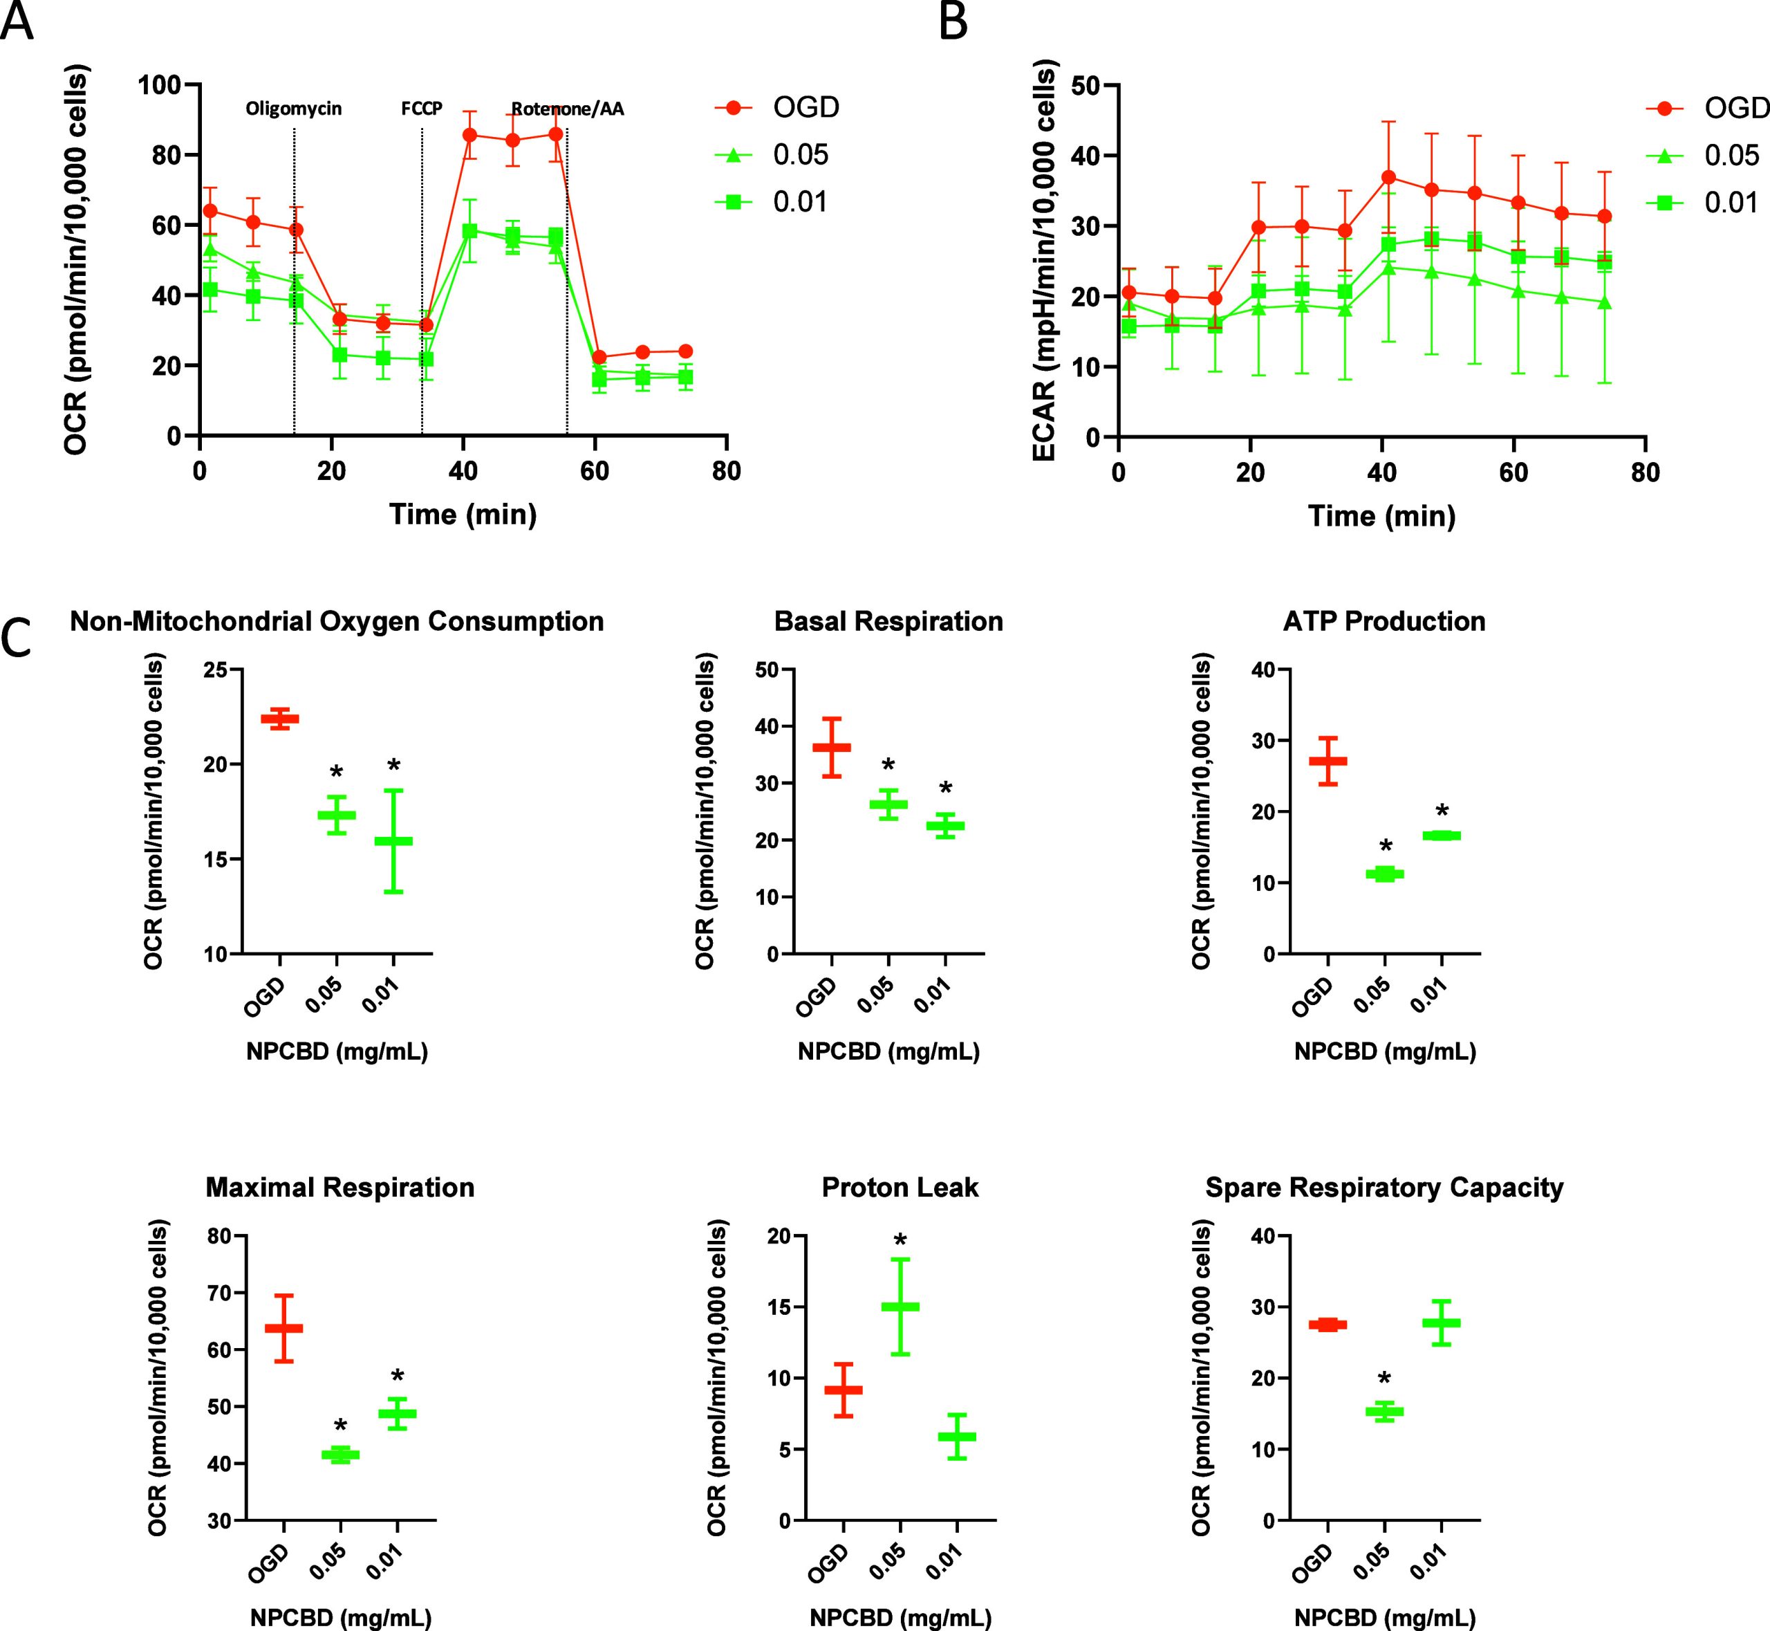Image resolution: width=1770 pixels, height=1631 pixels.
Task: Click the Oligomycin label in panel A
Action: (x=294, y=109)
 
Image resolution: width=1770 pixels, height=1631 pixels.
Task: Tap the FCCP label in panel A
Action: (x=422, y=109)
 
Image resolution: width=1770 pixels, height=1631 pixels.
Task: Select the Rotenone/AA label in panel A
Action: (x=568, y=109)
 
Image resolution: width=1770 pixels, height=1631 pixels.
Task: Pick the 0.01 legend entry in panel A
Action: (x=800, y=202)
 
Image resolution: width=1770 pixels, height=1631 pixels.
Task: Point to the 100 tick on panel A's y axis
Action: (x=159, y=84)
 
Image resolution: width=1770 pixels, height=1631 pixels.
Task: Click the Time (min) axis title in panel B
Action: (x=1381, y=515)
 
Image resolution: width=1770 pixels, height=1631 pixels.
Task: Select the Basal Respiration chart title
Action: (x=888, y=621)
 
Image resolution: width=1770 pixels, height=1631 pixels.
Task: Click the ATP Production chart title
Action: (x=1384, y=621)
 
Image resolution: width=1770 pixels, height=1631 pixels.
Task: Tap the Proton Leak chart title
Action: (x=900, y=1187)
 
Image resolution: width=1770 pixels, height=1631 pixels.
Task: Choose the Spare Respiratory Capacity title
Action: (x=1384, y=1187)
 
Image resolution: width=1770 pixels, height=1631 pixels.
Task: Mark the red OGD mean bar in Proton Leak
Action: (x=844, y=1389)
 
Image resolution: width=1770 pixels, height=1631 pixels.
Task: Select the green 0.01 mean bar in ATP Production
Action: (x=1442, y=835)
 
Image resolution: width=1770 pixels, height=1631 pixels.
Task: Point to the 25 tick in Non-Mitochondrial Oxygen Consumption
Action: (x=213, y=670)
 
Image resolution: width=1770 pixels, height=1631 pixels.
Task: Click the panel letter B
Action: (x=953, y=22)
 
